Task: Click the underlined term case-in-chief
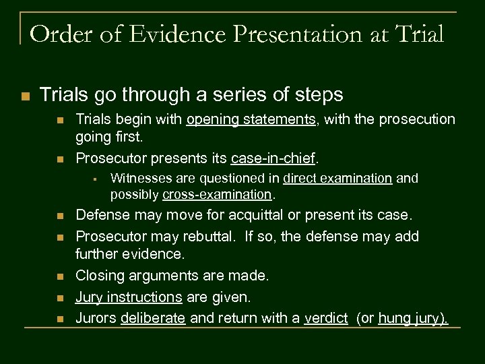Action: tap(273, 159)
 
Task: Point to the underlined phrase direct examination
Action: tap(337, 179)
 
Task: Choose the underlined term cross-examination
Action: tap(217, 195)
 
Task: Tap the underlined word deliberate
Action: tap(152, 318)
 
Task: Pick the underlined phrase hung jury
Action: tap(411, 318)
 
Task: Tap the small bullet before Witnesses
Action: tap(96, 179)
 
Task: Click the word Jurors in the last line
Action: tap(96, 318)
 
